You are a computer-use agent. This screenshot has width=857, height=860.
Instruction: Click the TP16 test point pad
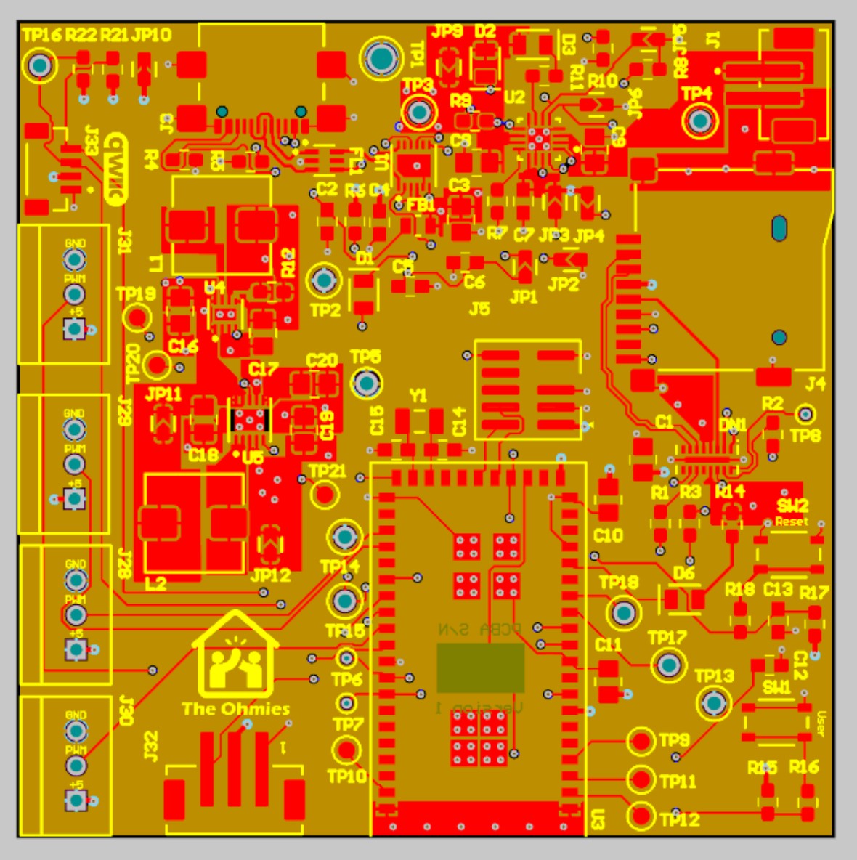pyautogui.click(x=40, y=66)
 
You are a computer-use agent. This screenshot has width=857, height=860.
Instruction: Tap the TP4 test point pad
pyautogui.click(x=699, y=121)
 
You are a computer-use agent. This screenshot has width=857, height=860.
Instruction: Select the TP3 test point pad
pyautogui.click(x=418, y=113)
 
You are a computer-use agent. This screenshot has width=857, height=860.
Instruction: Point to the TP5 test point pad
pyautogui.click(x=367, y=383)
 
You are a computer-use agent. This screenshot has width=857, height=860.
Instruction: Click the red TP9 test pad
pyautogui.click(x=641, y=742)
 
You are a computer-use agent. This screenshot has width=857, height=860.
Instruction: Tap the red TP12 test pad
pyautogui.click(x=641, y=816)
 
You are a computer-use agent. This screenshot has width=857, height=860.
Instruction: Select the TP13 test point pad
pyautogui.click(x=714, y=703)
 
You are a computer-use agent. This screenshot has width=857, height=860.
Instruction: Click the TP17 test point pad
pyautogui.click(x=668, y=665)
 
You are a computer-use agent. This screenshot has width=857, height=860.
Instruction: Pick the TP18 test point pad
pyautogui.click(x=623, y=614)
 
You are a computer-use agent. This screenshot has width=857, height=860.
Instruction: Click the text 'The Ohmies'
pyautogui.click(x=235, y=709)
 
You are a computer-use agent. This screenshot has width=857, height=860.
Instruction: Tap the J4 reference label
pyautogui.click(x=816, y=383)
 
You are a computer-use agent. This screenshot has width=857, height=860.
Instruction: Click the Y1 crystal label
pyautogui.click(x=418, y=396)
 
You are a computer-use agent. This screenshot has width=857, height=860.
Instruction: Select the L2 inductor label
pyautogui.click(x=155, y=583)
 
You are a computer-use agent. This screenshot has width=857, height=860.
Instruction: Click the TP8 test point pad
pyautogui.click(x=805, y=415)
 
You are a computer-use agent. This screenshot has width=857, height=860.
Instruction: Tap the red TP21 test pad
pyautogui.click(x=324, y=495)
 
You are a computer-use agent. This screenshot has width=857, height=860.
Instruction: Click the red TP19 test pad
pyautogui.click(x=137, y=317)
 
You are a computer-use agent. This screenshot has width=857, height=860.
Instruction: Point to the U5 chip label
pyautogui.click(x=253, y=458)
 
